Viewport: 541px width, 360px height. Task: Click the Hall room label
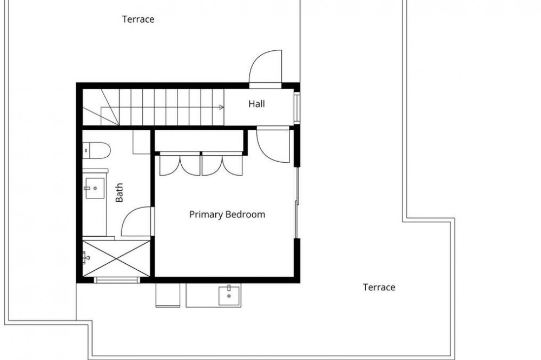[x=256, y=104]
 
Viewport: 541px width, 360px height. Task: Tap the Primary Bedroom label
[x=227, y=215]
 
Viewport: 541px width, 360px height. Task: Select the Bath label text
[x=119, y=192]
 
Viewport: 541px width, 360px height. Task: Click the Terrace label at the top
[x=138, y=19]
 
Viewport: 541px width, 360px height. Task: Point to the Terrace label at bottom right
[x=379, y=287]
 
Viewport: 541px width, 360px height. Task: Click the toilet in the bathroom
[x=96, y=150]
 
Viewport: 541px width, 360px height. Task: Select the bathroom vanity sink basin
[x=95, y=188]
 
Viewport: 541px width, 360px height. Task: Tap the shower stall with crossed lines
[x=117, y=258]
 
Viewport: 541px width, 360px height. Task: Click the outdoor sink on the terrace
[x=229, y=296]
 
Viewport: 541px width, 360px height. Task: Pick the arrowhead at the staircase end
[x=221, y=107]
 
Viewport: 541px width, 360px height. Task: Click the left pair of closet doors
[x=180, y=164]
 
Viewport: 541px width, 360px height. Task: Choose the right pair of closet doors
[x=222, y=164]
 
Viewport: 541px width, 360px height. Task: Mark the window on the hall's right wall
[x=296, y=107]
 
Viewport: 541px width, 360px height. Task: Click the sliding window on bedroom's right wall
[x=296, y=203]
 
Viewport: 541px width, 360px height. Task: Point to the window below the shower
[x=117, y=280]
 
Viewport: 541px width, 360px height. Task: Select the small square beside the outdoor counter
[x=168, y=295]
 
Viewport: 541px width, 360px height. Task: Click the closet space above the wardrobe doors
[x=200, y=141]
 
